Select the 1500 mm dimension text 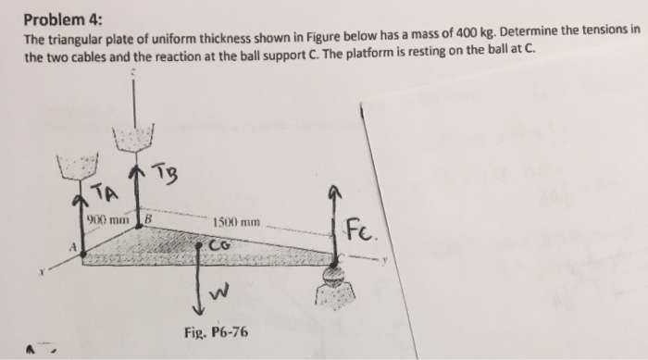(238, 223)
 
